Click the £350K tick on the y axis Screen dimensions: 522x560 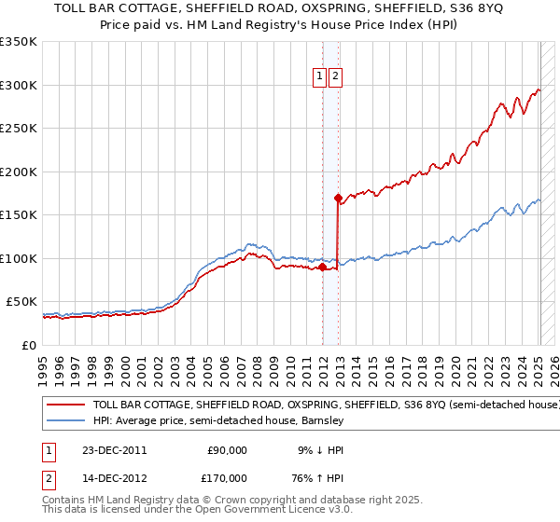click(x=19, y=42)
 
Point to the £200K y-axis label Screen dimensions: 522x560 click(x=19, y=172)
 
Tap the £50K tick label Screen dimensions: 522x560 click(x=21, y=302)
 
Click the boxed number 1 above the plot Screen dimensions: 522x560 click(x=319, y=77)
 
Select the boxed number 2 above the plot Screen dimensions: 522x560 click(x=335, y=77)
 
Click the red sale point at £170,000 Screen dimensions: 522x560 click(x=338, y=198)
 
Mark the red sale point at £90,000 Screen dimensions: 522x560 click(x=322, y=268)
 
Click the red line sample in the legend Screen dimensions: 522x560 click(x=65, y=405)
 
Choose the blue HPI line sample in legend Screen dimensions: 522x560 click(x=65, y=421)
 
